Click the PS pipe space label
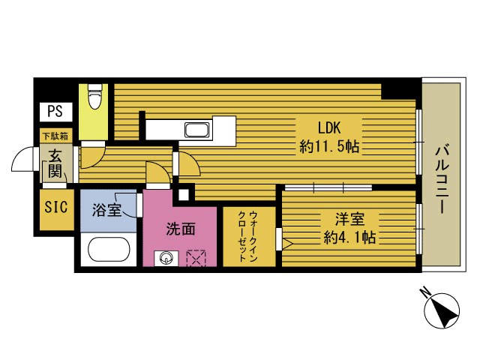click(55, 112)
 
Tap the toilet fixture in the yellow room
click(94, 96)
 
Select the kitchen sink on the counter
click(198, 130)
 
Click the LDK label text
click(329, 127)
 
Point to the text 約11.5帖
click(329, 147)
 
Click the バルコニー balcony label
click(442, 179)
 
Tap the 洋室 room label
click(349, 219)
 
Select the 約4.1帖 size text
click(349, 237)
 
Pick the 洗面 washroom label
click(181, 229)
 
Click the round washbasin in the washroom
click(166, 259)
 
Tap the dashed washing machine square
click(196, 258)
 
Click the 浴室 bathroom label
click(106, 210)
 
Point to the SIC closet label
click(56, 207)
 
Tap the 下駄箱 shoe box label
click(55, 136)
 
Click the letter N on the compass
click(425, 292)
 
